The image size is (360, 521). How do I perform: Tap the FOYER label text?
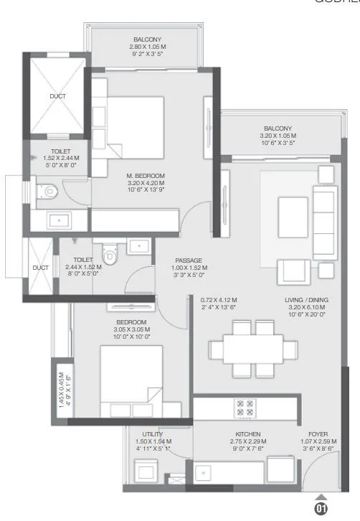click(x=318, y=434)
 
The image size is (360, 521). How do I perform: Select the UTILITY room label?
click(x=152, y=434)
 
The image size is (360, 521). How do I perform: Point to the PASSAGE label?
click(x=189, y=260)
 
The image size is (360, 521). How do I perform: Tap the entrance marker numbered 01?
click(x=321, y=509)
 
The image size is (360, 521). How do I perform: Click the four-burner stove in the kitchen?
click(x=244, y=408)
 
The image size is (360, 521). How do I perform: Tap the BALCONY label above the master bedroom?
click(x=147, y=39)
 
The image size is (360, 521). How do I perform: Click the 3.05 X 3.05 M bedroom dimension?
click(x=131, y=329)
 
